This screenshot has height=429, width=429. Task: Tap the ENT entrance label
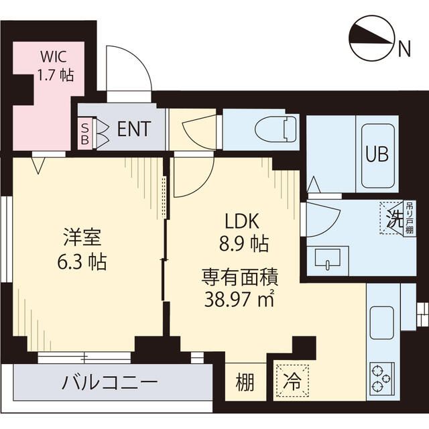[133, 129]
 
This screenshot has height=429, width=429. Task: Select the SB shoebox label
[84, 131]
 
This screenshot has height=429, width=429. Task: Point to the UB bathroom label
[377, 155]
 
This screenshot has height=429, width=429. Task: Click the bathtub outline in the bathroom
[378, 156]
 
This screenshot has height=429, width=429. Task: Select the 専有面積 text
[241, 275]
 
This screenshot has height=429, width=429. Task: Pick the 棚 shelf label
[245, 383]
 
